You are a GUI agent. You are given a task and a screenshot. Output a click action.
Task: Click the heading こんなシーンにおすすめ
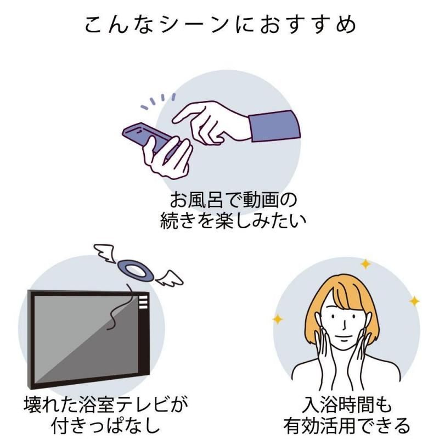220,25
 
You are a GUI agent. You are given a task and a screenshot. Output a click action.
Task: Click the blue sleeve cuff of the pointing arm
274,126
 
